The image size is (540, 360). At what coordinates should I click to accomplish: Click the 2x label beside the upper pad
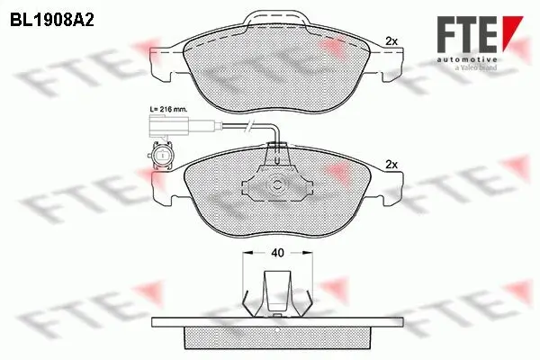391,40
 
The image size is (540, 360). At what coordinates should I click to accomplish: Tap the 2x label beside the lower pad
391,165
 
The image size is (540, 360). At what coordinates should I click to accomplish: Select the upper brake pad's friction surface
270,63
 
